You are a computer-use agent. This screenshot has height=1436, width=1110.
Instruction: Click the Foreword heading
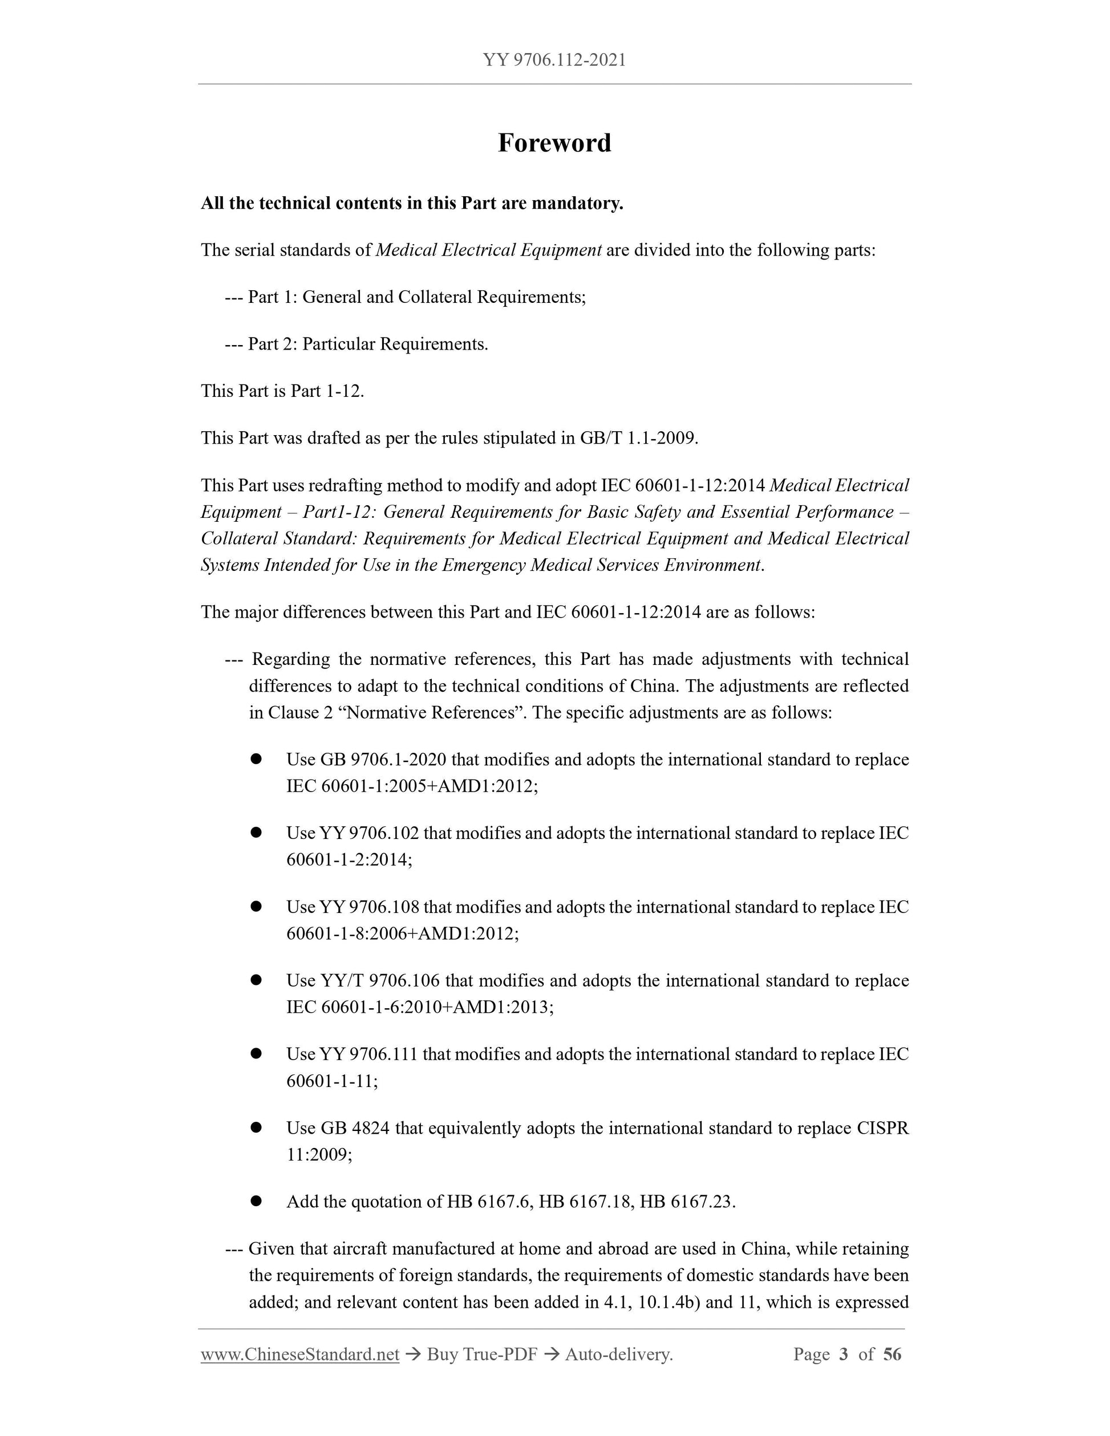pyautogui.click(x=554, y=143)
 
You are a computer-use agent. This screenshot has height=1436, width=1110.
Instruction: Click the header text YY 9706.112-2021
pyautogui.click(x=554, y=60)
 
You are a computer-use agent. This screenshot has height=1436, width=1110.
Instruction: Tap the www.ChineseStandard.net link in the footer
pyautogui.click(x=300, y=1354)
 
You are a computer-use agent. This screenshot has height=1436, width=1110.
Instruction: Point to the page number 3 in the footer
pyautogui.click(x=844, y=1354)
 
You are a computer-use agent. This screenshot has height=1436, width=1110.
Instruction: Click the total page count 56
pyautogui.click(x=892, y=1354)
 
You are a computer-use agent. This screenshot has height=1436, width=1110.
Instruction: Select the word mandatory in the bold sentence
pyautogui.click(x=576, y=204)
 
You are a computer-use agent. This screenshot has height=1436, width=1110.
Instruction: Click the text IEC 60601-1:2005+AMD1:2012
pyautogui.click(x=412, y=786)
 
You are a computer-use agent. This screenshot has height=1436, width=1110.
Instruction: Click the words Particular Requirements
pyautogui.click(x=395, y=344)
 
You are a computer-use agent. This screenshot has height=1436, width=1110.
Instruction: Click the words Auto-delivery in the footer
pyautogui.click(x=618, y=1354)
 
